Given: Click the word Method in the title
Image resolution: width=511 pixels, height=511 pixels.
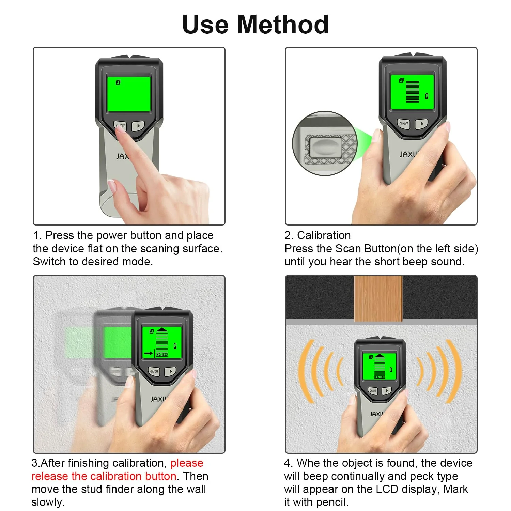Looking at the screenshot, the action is (283, 25).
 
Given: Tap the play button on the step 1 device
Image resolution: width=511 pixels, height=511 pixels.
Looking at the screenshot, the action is (138, 126).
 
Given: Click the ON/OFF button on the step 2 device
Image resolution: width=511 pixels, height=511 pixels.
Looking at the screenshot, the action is (403, 124).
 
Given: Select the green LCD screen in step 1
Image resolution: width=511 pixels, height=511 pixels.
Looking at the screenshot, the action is (129, 94).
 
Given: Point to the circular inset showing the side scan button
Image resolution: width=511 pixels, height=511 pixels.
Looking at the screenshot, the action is (324, 143).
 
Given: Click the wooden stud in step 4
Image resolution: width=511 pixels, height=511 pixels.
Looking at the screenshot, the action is (378, 298).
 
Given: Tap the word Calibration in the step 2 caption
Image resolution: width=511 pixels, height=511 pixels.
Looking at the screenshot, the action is (324, 235).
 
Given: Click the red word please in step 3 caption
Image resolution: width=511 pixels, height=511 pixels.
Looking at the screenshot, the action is (187, 463).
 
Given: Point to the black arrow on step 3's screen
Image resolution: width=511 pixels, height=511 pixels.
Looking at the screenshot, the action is (149, 353).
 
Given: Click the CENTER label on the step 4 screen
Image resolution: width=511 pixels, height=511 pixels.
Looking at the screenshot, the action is (380, 377).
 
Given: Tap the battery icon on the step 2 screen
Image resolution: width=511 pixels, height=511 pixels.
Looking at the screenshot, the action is (427, 96).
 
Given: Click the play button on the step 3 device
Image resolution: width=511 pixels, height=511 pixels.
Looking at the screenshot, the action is (170, 371).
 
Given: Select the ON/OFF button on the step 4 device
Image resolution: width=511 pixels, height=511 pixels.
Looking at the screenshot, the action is (373, 391).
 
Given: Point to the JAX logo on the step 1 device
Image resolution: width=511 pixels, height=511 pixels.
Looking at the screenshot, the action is (122, 156).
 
